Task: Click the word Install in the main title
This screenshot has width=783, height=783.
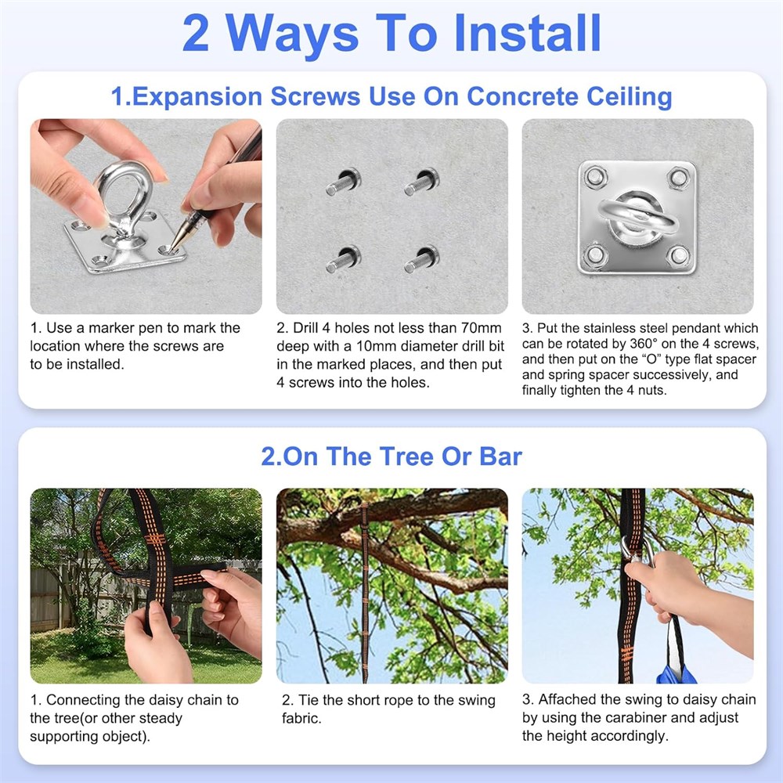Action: [527, 33]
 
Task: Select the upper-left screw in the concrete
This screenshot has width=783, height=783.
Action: [343, 182]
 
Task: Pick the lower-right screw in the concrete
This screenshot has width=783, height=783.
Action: [421, 259]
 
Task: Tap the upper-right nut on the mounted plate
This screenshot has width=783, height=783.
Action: [678, 177]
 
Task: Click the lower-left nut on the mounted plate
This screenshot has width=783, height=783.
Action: [596, 254]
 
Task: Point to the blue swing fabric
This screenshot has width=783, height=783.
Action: [676, 673]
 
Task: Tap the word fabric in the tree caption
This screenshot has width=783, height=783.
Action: [301, 718]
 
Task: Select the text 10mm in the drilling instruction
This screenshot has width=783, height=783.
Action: [377, 346]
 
